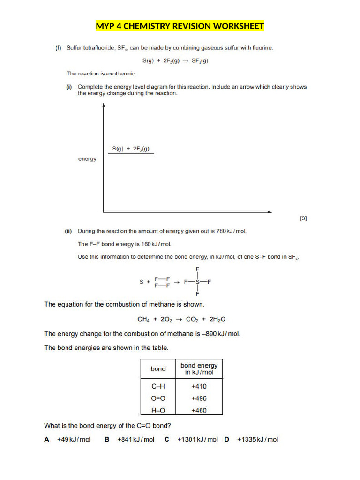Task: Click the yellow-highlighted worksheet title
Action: [180, 26]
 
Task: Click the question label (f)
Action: [59, 48]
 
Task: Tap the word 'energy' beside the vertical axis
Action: [87, 159]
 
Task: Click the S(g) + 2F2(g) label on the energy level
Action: [131, 149]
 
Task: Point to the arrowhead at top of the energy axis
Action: [104, 106]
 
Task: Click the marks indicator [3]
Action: [303, 218]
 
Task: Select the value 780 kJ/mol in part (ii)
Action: [231, 231]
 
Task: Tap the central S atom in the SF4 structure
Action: [197, 282]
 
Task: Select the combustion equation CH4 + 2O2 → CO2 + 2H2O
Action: [181, 319]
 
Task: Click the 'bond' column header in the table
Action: [158, 369]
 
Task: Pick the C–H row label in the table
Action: [158, 386]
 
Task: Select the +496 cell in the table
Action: [199, 398]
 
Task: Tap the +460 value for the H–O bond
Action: [199, 410]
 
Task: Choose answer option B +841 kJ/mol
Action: [130, 439]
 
